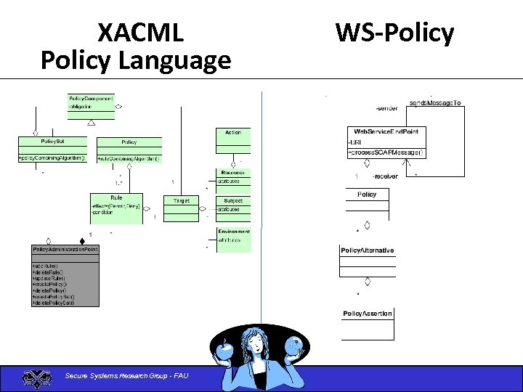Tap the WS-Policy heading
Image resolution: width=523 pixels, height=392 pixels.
394,33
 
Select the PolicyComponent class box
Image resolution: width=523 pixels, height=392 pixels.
91,106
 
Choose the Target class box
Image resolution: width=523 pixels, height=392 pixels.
182,208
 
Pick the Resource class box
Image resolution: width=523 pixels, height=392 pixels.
233,177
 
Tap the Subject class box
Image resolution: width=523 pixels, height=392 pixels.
233,205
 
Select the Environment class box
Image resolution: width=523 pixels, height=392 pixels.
233,237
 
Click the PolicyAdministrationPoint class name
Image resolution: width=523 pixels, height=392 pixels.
65,250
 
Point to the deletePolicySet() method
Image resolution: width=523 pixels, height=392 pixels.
54,303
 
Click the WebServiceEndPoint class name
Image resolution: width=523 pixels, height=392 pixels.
386,131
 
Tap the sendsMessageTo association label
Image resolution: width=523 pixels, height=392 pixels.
436,103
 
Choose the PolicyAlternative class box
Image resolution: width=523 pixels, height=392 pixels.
368,261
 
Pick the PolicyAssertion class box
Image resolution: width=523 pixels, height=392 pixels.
368,324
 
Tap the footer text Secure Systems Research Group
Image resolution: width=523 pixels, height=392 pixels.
126,375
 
